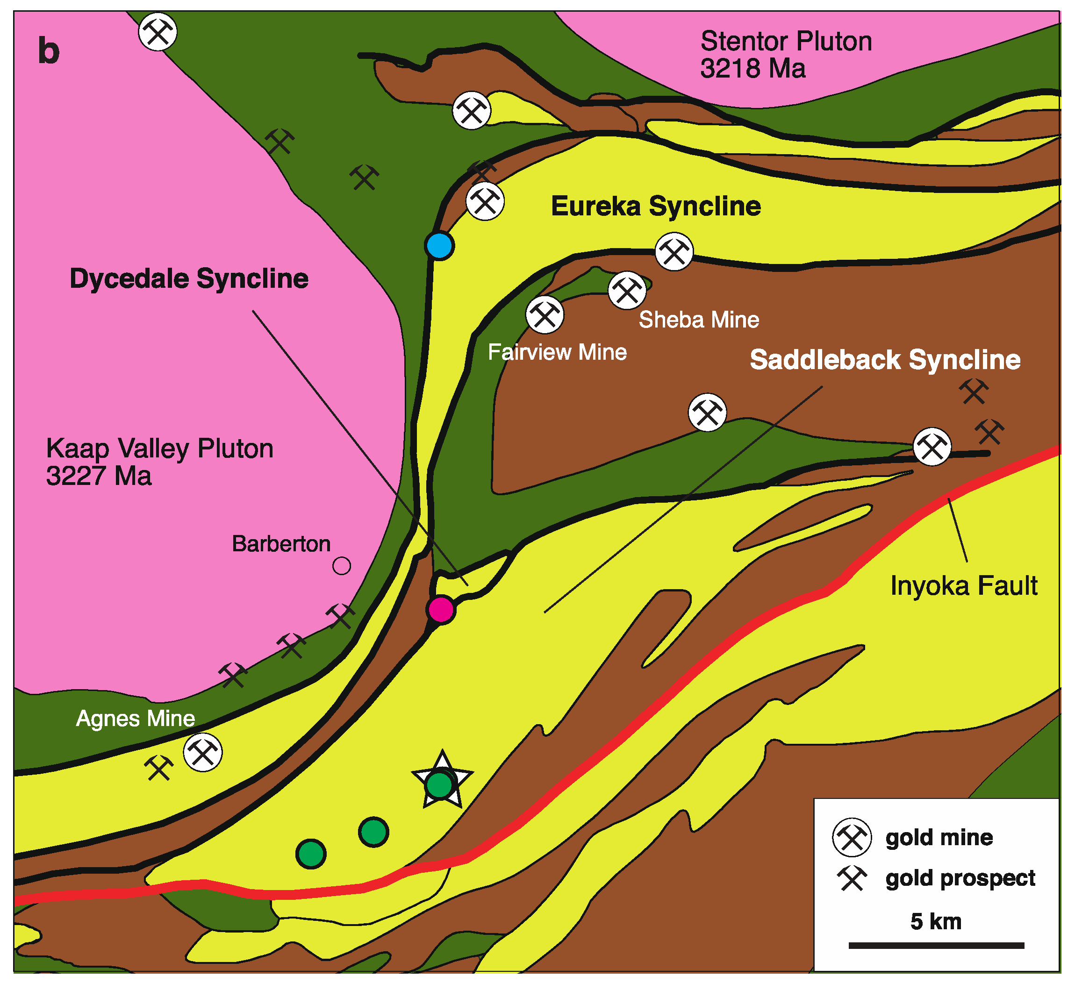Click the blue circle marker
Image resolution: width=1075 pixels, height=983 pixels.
[x=439, y=246]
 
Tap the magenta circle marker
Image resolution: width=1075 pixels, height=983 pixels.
[x=441, y=609]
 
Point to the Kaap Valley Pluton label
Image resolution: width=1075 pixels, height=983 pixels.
[x=159, y=462]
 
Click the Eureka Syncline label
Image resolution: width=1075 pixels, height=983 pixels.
[x=655, y=207]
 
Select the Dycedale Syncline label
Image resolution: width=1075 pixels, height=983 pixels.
[x=189, y=278]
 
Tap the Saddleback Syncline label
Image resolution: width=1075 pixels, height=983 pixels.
[x=885, y=360]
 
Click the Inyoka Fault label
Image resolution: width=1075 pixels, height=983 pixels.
[x=964, y=586]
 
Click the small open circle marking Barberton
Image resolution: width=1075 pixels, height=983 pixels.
[x=341, y=566]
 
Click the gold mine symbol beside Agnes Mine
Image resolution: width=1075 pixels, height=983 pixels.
[x=203, y=752]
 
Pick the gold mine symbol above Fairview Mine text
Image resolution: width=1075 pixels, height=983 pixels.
[x=545, y=315]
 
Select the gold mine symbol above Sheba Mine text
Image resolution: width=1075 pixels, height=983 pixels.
[x=627, y=291]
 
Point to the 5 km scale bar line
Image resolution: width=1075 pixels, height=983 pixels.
[x=936, y=945]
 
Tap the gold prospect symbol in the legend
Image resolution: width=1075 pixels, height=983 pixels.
[x=852, y=878]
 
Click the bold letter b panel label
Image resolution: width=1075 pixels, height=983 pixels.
[x=49, y=51]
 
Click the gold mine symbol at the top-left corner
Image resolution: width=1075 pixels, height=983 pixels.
[x=158, y=31]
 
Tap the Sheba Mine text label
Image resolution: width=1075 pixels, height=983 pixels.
[x=699, y=320]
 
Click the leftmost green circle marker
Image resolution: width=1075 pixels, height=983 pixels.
[x=311, y=854]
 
